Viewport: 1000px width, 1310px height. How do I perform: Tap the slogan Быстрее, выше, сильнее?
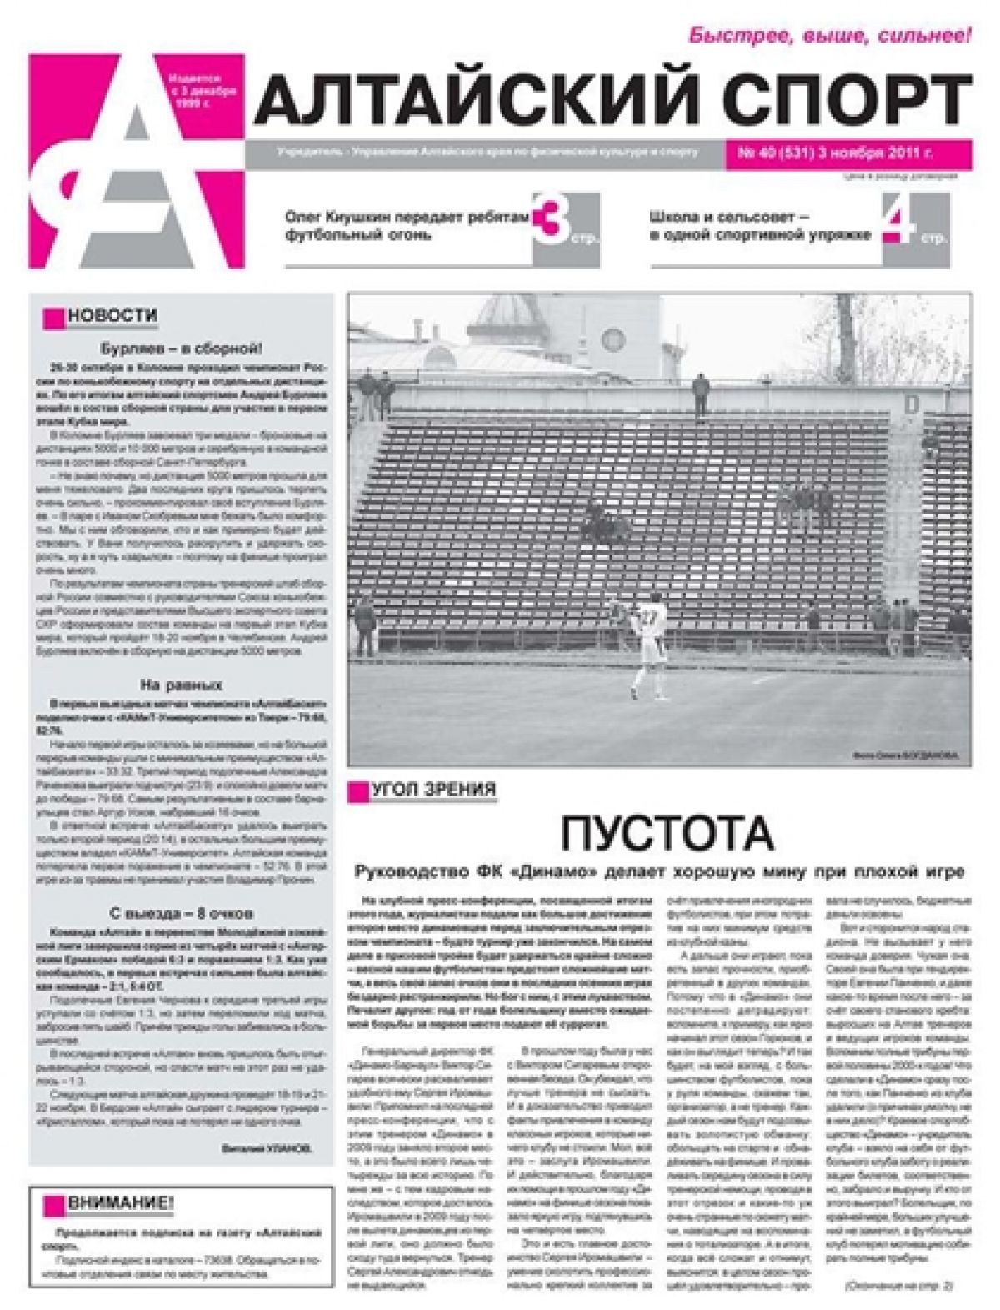click(x=829, y=35)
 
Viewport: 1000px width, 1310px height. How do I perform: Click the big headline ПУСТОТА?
click(x=667, y=831)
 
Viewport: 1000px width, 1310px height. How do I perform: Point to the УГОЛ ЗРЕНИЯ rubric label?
click(x=433, y=789)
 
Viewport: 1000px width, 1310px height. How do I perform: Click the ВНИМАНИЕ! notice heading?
click(x=121, y=1203)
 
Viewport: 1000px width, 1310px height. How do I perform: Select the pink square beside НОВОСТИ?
click(x=55, y=318)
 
